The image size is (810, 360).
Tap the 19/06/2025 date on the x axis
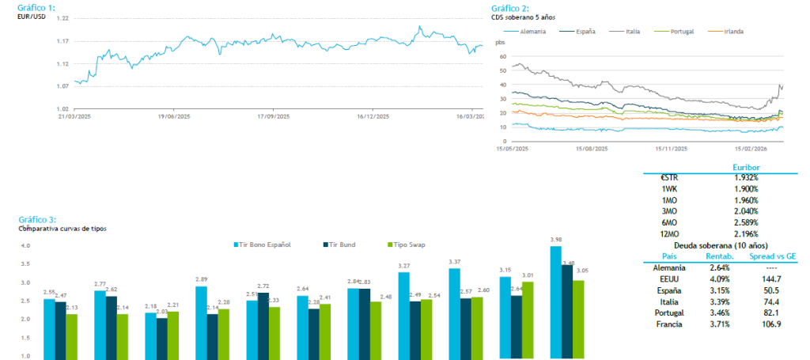[x=175, y=116]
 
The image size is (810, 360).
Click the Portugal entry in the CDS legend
[x=682, y=31]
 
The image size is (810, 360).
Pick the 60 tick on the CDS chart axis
[x=500, y=56]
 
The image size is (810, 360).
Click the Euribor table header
[x=746, y=168]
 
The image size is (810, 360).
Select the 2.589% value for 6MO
[x=746, y=223]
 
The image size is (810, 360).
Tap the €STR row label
[x=668, y=178]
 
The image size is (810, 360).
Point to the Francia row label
[x=668, y=324]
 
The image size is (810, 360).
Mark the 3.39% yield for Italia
[x=715, y=301]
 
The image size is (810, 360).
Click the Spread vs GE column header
[x=766, y=256]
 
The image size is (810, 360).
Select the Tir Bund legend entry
[x=341, y=244]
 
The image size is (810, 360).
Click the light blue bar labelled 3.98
[x=555, y=301]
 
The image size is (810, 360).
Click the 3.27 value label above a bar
[x=403, y=266]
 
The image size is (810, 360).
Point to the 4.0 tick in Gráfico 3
[x=25, y=246]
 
